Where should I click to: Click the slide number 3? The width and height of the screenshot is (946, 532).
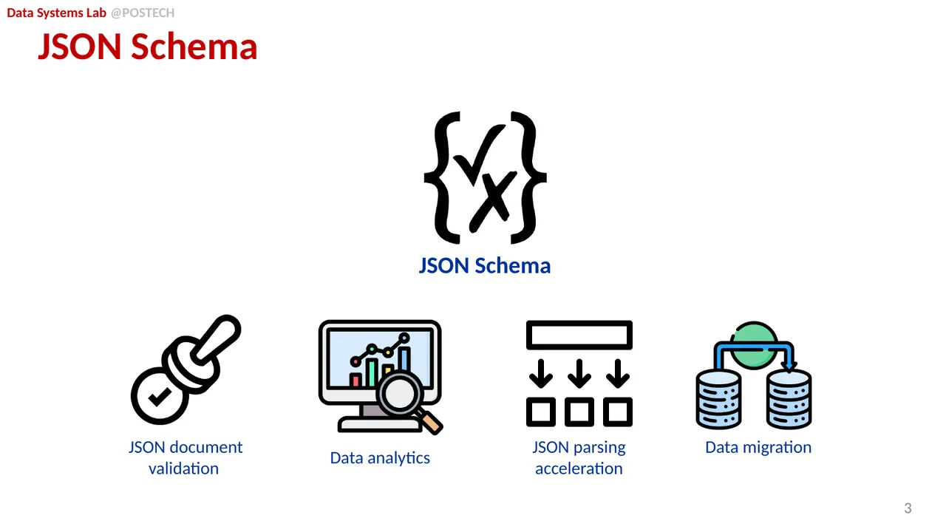point(908,508)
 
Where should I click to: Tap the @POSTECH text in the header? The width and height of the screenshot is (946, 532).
point(143,13)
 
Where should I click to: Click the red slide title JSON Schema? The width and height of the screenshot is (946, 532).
point(148,47)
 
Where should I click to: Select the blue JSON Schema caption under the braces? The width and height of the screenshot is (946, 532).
point(485,265)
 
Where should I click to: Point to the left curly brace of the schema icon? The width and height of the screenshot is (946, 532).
point(440,177)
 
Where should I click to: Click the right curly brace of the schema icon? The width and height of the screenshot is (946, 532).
point(530,177)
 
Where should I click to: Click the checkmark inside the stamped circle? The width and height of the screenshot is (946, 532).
point(160,397)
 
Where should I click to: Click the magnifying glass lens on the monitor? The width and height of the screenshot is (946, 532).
point(399,394)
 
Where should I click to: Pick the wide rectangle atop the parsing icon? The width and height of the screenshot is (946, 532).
point(579,335)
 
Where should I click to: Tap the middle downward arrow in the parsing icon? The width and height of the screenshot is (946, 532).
point(579,373)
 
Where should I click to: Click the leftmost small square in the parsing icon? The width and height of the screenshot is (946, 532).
point(541,412)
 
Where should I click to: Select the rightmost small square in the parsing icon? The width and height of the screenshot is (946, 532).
point(618,412)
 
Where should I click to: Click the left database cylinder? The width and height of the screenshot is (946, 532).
point(718,399)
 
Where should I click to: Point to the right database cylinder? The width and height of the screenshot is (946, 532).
point(789,399)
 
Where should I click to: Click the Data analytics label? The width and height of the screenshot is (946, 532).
point(380,458)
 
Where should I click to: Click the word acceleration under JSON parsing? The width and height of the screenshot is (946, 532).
point(579,468)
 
